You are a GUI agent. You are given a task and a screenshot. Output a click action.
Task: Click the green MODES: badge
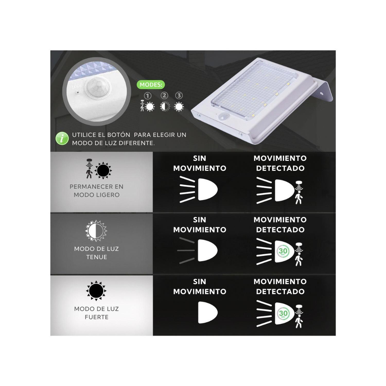click(151, 85)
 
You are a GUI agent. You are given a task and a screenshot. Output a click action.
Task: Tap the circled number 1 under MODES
click(147, 96)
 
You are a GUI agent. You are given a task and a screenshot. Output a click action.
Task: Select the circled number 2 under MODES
click(164, 96)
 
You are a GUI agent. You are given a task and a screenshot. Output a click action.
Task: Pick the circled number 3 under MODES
click(179, 96)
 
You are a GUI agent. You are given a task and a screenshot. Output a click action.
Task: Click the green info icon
click(62, 139)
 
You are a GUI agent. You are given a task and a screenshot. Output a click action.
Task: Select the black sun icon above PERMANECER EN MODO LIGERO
click(103, 170)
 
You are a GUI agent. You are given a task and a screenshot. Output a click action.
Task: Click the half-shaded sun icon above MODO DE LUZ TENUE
click(96, 231)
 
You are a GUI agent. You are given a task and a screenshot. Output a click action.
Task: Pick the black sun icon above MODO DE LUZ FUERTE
click(96, 291)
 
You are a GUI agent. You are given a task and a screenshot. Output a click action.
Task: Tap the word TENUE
click(97, 257)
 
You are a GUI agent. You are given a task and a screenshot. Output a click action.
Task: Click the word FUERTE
click(97, 317)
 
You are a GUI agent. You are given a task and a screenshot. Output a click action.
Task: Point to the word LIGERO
click(110, 195)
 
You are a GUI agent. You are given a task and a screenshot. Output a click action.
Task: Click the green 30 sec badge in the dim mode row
click(283, 251)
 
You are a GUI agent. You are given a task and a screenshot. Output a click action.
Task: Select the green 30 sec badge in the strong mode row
click(283, 313)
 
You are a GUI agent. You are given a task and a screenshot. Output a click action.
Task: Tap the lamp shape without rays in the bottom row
click(207, 312)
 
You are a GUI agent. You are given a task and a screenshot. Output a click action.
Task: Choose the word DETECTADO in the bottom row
click(280, 292)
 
